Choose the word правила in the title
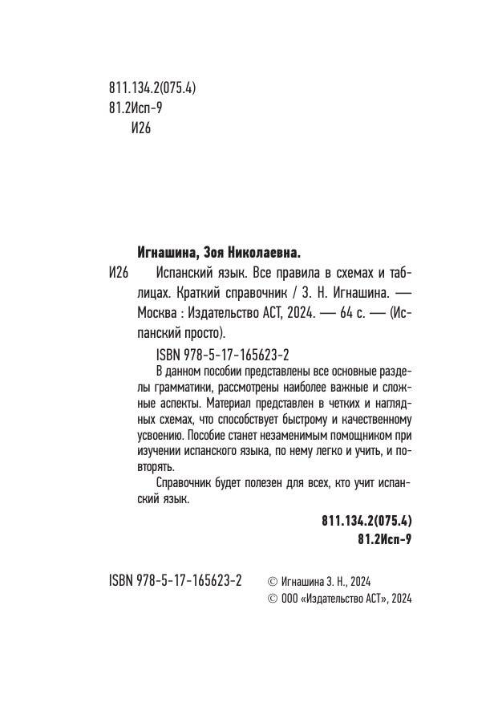[290, 271]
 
